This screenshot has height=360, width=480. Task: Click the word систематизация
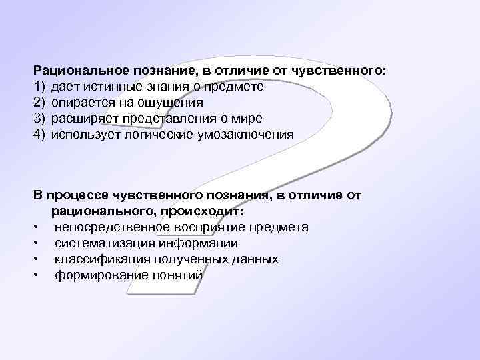(97, 243)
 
